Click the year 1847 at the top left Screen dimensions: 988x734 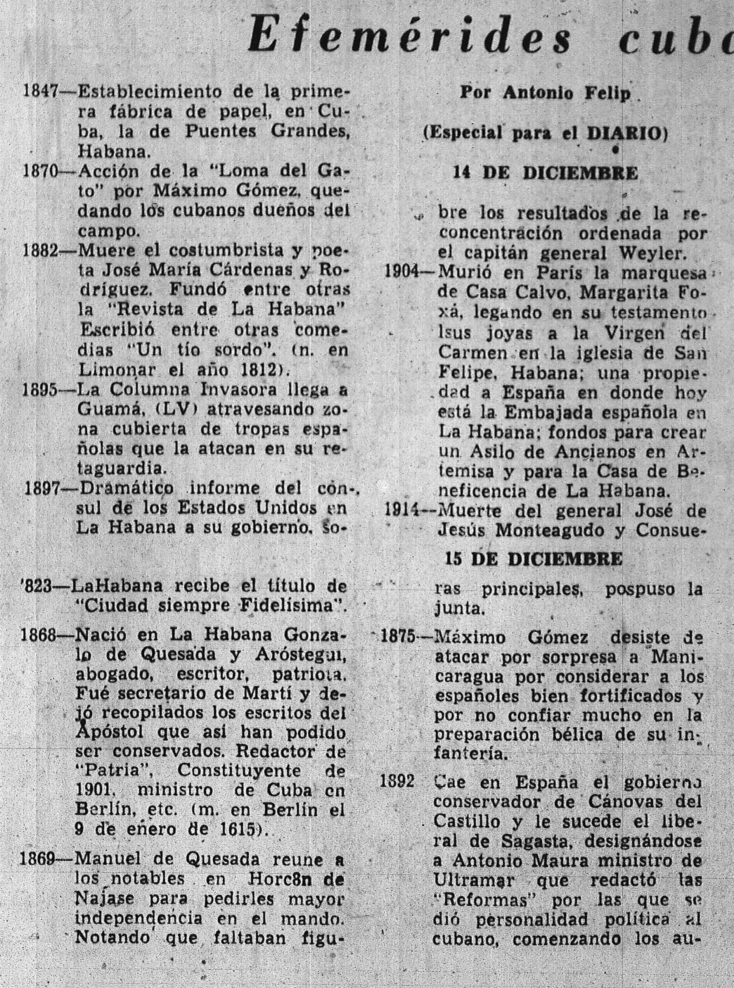point(41,93)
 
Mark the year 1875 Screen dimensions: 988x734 point(398,638)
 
